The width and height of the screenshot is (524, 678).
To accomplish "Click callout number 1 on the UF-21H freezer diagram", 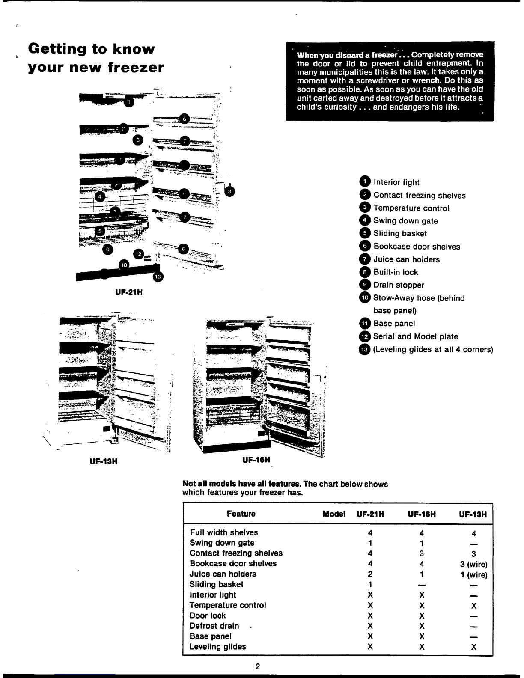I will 129,102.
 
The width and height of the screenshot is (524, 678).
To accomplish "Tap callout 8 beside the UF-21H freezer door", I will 229,192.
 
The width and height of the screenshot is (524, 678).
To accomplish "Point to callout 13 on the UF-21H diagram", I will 158,277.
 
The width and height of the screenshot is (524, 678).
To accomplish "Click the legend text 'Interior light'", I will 396,182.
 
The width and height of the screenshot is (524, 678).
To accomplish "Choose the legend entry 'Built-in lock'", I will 396,272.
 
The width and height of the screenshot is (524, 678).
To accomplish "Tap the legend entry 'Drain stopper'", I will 399,285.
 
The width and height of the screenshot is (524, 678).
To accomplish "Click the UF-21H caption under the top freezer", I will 128,293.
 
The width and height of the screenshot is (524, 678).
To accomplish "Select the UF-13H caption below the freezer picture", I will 103,461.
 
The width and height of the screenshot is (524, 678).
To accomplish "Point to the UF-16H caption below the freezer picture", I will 256,461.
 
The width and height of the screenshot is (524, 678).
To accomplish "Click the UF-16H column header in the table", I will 422,514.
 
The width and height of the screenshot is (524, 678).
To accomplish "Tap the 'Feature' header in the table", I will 241,514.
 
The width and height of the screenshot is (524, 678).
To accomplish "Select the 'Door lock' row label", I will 208,616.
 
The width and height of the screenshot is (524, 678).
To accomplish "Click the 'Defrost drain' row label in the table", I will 214,626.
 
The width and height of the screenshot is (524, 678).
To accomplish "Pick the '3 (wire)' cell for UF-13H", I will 473,564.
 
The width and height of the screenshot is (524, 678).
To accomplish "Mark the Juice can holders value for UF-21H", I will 370,574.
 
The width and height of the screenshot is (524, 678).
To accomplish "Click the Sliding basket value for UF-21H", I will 370,585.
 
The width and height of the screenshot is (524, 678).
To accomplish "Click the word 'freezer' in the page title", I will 136,68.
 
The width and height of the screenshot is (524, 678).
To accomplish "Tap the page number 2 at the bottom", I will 258,666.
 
